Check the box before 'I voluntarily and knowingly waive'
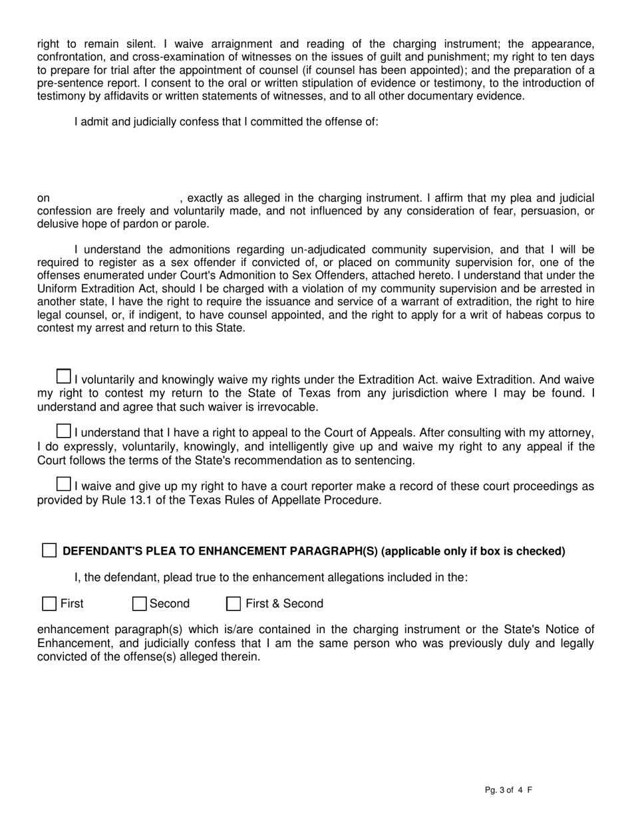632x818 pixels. coord(63,376)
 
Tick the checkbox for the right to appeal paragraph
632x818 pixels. coord(63,431)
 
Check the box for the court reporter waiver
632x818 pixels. coord(63,483)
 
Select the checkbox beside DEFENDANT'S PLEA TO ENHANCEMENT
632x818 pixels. coord(49,551)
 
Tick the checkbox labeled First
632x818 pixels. coord(49,604)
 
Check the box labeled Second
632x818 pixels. coord(139,604)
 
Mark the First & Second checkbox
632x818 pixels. coord(234,604)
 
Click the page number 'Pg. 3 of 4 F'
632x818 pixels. coord(508,790)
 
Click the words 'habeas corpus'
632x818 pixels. coord(548,315)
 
